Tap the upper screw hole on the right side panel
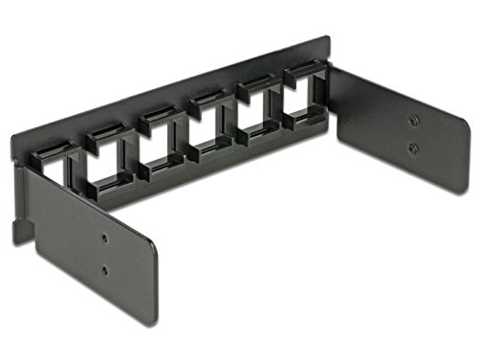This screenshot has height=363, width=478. pyautogui.click(x=412, y=122)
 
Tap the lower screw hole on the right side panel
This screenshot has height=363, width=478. pyautogui.click(x=412, y=148)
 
